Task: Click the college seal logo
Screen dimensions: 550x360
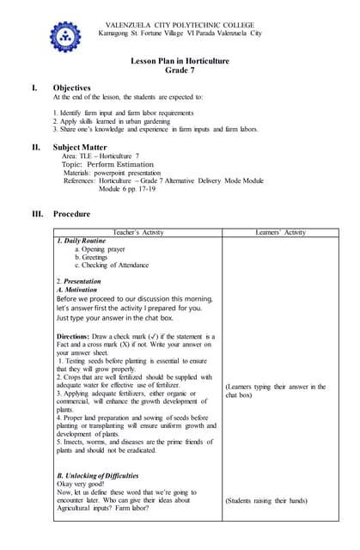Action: (x=64, y=36)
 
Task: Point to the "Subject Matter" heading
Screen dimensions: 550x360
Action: (x=82, y=147)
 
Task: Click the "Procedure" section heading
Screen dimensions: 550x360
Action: (x=71, y=213)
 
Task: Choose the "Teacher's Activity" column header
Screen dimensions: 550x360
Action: (x=138, y=232)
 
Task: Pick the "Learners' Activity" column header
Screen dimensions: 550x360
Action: (x=280, y=232)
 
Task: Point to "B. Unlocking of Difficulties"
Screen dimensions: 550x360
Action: (x=97, y=475)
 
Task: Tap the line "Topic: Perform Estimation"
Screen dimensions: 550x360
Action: (x=107, y=164)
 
